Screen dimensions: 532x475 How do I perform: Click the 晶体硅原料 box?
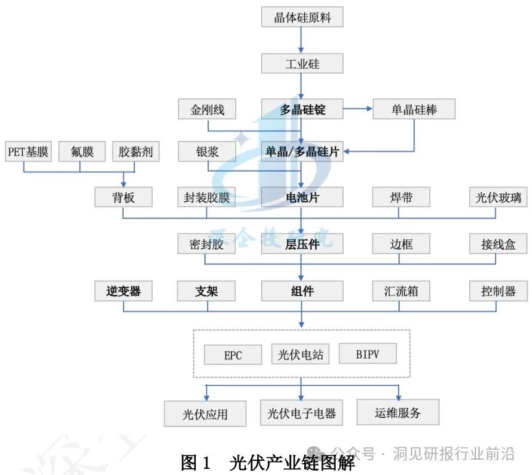(x=302, y=17)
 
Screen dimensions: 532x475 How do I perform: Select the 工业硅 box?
(x=302, y=63)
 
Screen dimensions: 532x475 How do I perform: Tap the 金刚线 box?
(x=208, y=110)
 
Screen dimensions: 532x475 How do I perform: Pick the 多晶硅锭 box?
(x=302, y=110)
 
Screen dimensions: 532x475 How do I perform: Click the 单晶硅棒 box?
(x=414, y=110)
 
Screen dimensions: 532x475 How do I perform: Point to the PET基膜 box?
(x=28, y=151)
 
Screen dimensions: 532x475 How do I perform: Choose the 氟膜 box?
(x=82, y=151)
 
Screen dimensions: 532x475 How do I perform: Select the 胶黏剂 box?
(x=136, y=151)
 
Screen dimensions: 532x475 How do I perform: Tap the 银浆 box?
(x=208, y=151)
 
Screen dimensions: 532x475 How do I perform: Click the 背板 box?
(x=123, y=198)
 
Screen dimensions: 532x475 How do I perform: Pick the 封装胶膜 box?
(x=208, y=198)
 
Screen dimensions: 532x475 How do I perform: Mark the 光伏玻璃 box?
(x=498, y=198)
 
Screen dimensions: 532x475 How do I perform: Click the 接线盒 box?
(x=498, y=244)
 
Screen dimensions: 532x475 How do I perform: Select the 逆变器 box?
(x=123, y=291)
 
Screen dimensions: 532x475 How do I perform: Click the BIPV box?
(x=368, y=354)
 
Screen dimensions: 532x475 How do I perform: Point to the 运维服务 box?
(x=398, y=412)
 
